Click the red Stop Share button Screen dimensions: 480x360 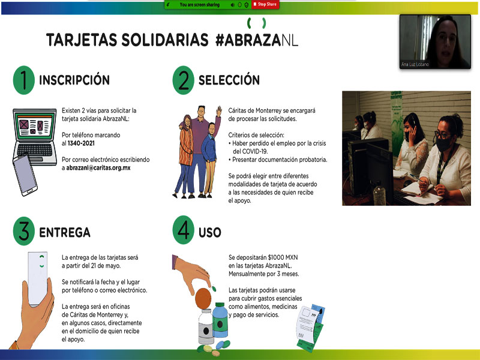point(265,4)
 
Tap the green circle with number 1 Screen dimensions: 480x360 point(23,80)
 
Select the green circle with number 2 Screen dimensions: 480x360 point(184,80)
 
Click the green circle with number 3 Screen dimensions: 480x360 point(23,231)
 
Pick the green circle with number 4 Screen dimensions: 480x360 point(184,230)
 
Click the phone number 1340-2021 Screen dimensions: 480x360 point(81,143)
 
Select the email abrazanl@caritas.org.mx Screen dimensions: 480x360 point(98,168)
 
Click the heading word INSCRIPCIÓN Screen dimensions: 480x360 point(74,80)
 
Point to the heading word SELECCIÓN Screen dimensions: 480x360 point(229,80)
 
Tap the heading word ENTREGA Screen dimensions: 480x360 point(65,232)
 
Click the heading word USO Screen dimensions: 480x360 point(209,232)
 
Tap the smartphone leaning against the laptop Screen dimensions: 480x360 point(25,175)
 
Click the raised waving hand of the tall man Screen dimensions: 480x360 point(219,111)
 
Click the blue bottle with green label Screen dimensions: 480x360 point(220,320)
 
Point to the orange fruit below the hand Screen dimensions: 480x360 point(203,298)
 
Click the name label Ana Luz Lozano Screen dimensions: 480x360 point(415,64)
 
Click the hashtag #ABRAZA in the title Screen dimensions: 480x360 point(248,40)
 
